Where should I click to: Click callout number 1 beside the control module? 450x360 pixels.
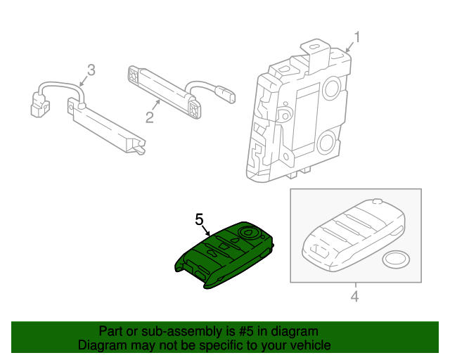[356, 37]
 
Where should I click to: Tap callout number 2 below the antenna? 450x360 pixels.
[149, 117]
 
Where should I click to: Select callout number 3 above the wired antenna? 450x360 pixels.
[90, 70]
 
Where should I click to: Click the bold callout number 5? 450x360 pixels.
[199, 221]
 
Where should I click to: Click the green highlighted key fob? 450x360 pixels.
[224, 255]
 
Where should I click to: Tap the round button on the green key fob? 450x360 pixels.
[250, 231]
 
